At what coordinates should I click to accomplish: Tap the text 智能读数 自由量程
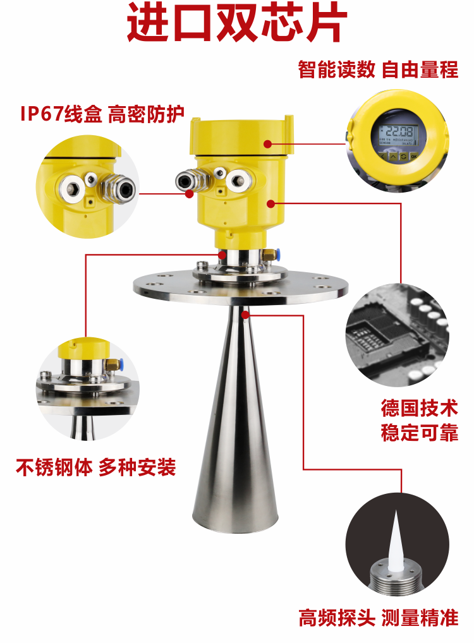pyautogui.click(x=378, y=69)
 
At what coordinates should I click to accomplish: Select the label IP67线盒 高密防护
pyautogui.click(x=102, y=114)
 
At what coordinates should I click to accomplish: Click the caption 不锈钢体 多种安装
pyautogui.click(x=95, y=468)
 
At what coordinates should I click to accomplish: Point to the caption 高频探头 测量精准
pyautogui.click(x=378, y=617)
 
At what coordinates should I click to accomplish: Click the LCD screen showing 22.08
pyautogui.click(x=396, y=134)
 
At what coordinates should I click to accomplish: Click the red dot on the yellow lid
pyautogui.click(x=268, y=144)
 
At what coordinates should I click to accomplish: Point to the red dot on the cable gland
pyautogui.click(x=189, y=194)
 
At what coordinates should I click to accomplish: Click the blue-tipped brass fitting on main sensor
pyautogui.click(x=270, y=254)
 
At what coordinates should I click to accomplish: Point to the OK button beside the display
pyautogui.click(x=413, y=155)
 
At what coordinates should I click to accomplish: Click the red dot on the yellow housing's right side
pyautogui.click(x=270, y=203)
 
